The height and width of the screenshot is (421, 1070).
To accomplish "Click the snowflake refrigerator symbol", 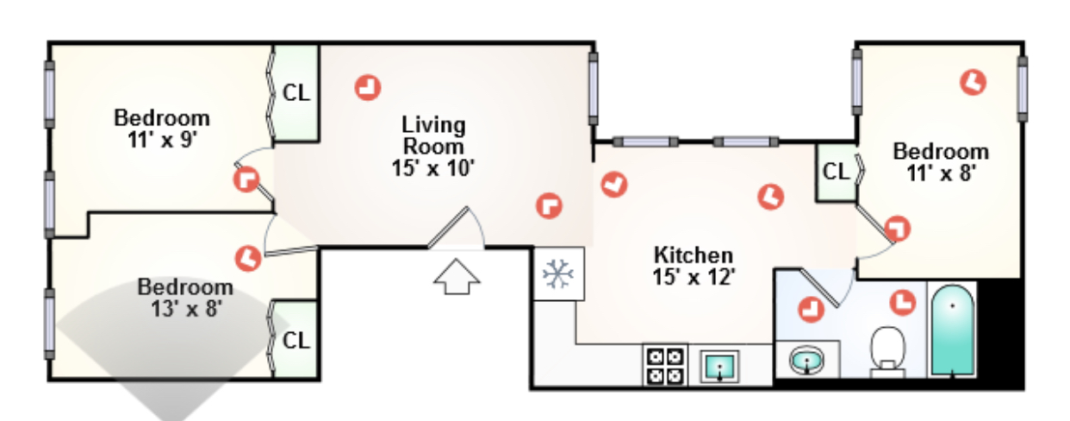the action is pos(558,274).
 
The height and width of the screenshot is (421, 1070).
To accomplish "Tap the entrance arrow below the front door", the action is pos(457,277).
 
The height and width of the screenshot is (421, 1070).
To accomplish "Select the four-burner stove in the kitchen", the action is pos(665,366).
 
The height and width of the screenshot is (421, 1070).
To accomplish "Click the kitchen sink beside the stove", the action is pos(719,367).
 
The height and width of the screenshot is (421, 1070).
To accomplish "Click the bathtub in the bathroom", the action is pos(953,330).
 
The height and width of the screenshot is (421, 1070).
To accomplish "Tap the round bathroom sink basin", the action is pos(806,361).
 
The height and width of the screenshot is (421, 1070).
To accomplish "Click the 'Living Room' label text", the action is pos(433,135).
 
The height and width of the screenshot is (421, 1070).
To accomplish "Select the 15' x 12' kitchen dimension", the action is pos(694,277).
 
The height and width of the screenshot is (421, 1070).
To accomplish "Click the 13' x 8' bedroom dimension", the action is pos(186,309).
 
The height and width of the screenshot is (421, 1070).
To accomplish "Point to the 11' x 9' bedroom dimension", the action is pos(163,140).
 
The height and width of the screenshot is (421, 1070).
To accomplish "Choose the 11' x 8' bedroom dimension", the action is pos(941,173).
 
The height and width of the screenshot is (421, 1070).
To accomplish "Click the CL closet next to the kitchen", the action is pos(837,172).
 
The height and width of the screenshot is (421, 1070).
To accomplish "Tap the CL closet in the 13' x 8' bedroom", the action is pos(296,341).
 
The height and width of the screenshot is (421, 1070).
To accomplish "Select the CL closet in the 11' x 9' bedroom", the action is pos(296,93).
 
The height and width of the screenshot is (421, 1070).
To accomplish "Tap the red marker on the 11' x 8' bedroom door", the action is pos(897,229).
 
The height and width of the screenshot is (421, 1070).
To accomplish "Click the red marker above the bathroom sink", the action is pos(811,309).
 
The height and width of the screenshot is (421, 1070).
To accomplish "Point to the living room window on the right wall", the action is pos(593,88).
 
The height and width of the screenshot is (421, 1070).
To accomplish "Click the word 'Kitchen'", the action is pos(694,255).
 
